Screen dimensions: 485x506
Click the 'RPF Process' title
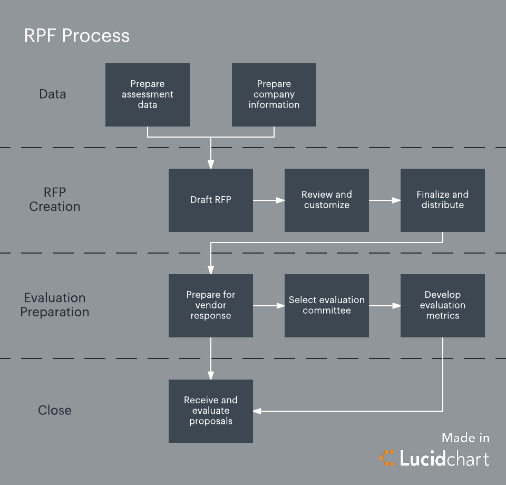[x=77, y=36]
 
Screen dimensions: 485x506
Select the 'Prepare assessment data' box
[x=148, y=95]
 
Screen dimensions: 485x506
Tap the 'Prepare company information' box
[x=274, y=95]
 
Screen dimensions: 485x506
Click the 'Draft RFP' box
[x=211, y=200]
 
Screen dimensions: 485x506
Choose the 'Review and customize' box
[x=327, y=200]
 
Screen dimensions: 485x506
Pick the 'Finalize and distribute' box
[x=443, y=200]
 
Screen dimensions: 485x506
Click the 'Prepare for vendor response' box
[x=211, y=306]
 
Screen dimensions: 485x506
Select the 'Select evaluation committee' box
[x=327, y=306]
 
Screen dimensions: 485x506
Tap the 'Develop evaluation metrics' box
[x=443, y=306]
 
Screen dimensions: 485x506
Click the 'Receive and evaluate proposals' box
[x=211, y=411]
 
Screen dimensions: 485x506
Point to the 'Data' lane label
[x=53, y=94]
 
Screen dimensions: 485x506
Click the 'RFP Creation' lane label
[x=55, y=199]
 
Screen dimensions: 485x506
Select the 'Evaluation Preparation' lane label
[x=55, y=305]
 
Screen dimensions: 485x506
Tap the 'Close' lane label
[x=55, y=410]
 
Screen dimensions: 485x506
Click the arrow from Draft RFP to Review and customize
[x=269, y=200]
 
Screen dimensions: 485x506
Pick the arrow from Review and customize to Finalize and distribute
[x=385, y=200]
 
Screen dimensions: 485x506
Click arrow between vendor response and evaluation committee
[x=269, y=306]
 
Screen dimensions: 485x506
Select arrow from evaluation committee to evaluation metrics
[x=385, y=306]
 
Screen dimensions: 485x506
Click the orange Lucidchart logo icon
[x=387, y=458]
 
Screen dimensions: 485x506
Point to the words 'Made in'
[x=465, y=438]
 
